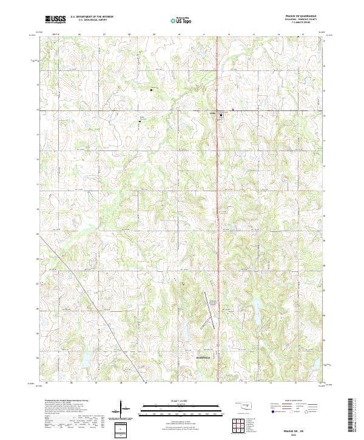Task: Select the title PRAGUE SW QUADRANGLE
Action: click(301, 16)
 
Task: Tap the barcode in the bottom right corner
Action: click(352, 419)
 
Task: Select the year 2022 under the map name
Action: click(302, 434)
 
